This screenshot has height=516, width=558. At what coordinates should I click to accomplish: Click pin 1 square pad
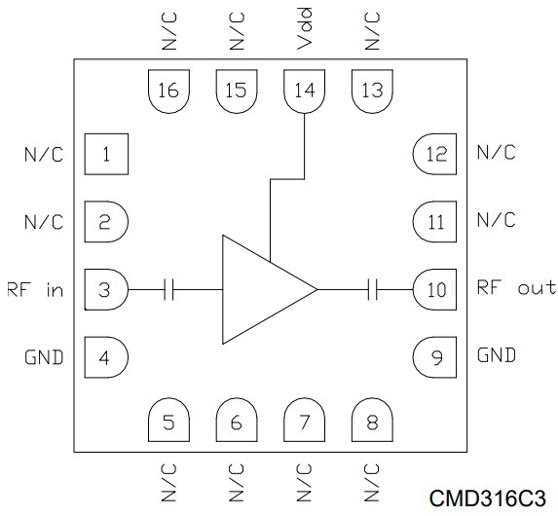(x=106, y=154)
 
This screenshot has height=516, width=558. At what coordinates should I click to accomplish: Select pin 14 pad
(x=304, y=92)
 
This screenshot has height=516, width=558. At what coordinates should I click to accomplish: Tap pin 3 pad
(x=106, y=289)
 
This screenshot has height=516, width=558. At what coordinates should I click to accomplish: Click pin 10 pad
(x=434, y=289)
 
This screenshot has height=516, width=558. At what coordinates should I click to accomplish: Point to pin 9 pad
(x=434, y=357)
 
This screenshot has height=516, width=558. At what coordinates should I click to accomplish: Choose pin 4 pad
(x=106, y=357)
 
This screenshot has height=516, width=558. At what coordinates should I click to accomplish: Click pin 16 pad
(x=168, y=92)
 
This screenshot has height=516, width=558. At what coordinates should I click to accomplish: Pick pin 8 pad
(x=372, y=420)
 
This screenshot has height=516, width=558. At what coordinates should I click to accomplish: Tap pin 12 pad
(x=434, y=154)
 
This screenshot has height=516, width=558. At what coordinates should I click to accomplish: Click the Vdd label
(x=304, y=28)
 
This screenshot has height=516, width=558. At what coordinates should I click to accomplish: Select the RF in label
(x=35, y=289)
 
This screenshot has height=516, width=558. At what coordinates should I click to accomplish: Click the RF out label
(x=516, y=287)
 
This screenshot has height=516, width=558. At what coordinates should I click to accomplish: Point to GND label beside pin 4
(x=44, y=357)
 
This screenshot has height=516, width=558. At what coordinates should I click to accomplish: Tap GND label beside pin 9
(x=497, y=355)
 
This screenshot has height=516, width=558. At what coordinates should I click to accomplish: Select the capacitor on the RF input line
(x=169, y=289)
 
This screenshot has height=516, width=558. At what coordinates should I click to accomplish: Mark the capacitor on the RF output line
(x=373, y=289)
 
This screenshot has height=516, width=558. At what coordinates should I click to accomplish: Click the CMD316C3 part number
(x=488, y=498)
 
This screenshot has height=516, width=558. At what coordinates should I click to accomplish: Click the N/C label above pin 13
(x=372, y=31)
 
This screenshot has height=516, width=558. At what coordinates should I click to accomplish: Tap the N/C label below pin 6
(x=237, y=483)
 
